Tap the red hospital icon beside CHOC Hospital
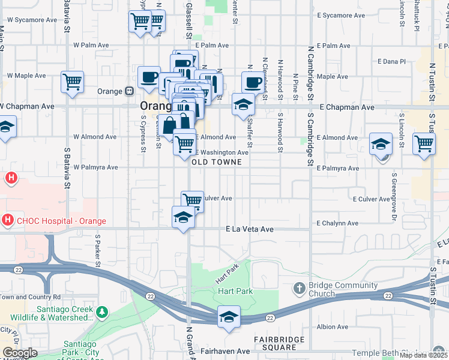tap(7, 220)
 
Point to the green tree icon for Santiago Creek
tap(102, 312)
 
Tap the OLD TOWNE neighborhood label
tap(217, 162)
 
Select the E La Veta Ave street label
tap(250, 229)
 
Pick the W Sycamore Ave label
tap(34, 20)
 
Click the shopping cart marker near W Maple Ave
tap(72, 82)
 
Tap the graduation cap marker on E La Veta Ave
tap(183, 217)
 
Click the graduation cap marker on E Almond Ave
tap(381, 144)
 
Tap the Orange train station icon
tap(129, 92)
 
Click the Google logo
tap(20, 353)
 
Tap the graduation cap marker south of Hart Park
tap(229, 316)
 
